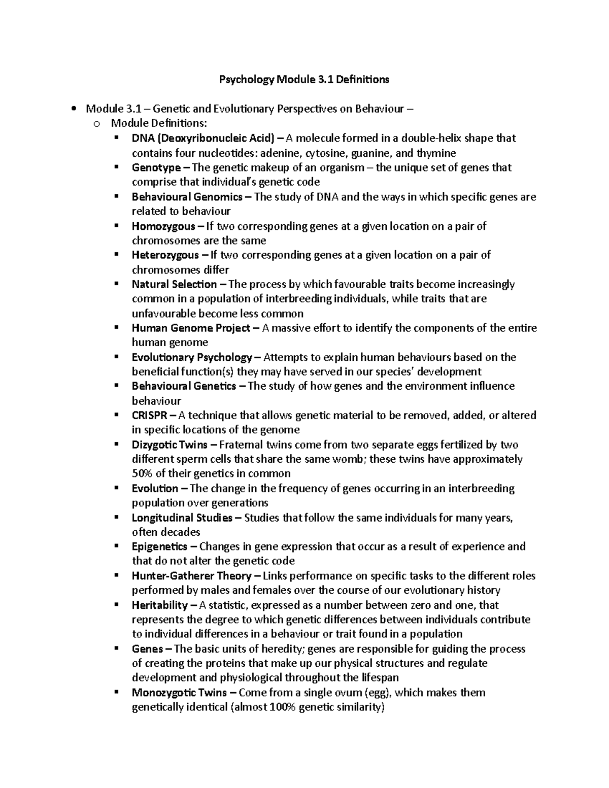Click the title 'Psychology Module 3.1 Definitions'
[x=303, y=79]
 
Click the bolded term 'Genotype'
[x=156, y=167]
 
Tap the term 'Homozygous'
[x=163, y=226]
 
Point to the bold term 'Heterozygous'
[x=165, y=255]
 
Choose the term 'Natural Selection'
[x=174, y=284]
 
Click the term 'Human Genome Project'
[x=191, y=328]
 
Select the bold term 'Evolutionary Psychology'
[x=192, y=357]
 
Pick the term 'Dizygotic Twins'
[x=170, y=445]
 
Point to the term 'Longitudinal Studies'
[x=182, y=518]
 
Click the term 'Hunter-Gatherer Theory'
[x=191, y=576]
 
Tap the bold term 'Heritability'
[x=159, y=605]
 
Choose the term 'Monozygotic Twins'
[x=179, y=693]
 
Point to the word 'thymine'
[x=436, y=153]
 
